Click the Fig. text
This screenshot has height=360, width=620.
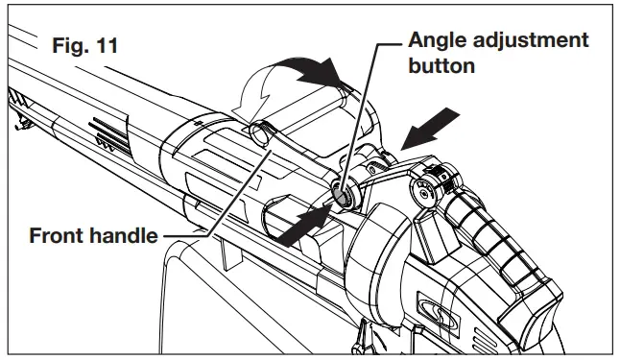point(68,45)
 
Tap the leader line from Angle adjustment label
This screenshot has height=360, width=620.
point(359,115)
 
